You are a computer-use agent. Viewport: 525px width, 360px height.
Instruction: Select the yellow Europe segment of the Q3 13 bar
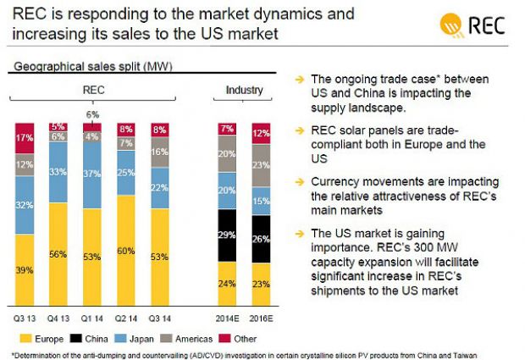pos(25,269)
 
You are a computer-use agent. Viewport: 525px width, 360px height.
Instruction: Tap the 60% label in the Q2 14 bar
pos(126,251)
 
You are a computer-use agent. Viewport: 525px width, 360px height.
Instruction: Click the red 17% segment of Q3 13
pos(25,138)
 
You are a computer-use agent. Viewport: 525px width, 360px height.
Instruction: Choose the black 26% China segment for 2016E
pos(261,238)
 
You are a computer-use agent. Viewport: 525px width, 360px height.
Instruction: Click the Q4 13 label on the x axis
pos(58,318)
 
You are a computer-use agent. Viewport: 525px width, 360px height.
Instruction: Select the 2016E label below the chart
pos(262,318)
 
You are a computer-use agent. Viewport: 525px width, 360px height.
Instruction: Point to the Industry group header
pos(244,90)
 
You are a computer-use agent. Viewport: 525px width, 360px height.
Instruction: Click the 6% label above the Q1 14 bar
pos(92,114)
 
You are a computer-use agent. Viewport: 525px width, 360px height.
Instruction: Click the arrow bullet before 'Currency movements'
pos(298,181)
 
